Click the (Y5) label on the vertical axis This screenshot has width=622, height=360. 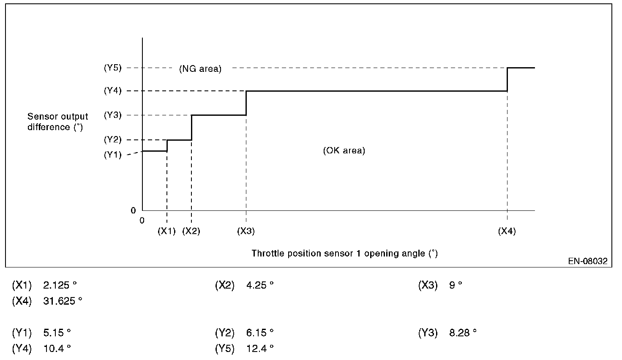coord(113,68)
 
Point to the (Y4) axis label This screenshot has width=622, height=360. coord(113,91)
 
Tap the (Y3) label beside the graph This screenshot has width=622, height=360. coord(113,115)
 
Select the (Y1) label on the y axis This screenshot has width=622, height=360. coord(113,155)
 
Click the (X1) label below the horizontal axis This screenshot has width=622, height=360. coord(166,231)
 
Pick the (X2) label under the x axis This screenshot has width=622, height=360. coord(191,231)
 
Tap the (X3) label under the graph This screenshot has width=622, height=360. coord(246,231)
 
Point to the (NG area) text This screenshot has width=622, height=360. coord(200,68)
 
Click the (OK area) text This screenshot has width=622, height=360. coord(344,150)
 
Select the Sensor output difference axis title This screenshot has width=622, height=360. coord(58,122)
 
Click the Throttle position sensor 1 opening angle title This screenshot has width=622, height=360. coord(345,253)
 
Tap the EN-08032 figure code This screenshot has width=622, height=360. coord(588,261)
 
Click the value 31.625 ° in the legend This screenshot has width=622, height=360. coord(63,301)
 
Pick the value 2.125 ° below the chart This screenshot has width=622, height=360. coord(60,285)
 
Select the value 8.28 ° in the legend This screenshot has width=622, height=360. coord(463,333)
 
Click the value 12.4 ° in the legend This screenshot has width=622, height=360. coord(260,348)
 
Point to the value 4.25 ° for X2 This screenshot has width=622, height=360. coord(260,285)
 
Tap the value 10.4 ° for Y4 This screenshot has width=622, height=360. coord(57,348)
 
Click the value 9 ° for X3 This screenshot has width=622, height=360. coord(456,285)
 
